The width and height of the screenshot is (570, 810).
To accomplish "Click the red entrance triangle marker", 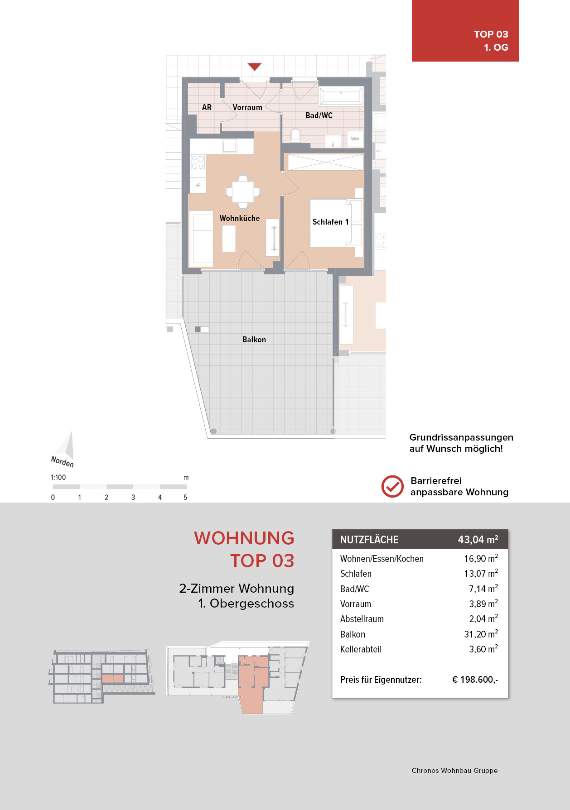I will click(x=255, y=67).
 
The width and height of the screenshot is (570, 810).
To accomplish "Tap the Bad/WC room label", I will click(x=319, y=115).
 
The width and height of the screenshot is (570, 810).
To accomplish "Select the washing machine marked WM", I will click(x=354, y=139).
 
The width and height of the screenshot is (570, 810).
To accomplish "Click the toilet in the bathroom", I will click(x=295, y=135).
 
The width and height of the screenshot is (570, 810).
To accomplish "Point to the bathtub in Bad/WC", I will click(x=341, y=96).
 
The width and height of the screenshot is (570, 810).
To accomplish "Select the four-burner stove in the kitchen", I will click(x=198, y=163).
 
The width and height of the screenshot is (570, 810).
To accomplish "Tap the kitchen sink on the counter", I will click(x=229, y=146).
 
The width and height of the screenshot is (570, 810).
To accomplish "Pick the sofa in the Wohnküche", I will click(x=201, y=238).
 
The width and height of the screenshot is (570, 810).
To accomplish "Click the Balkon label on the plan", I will click(x=254, y=340).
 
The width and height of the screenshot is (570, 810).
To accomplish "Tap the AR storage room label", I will click(x=207, y=107).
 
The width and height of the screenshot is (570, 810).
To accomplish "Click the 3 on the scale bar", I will click(x=133, y=497).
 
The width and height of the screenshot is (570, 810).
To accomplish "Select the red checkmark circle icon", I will click(x=392, y=487).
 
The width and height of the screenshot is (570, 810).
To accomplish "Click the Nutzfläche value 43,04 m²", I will click(x=478, y=540).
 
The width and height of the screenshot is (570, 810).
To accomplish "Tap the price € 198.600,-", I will click(x=475, y=680).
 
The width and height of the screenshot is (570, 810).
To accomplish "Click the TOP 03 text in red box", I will click(x=491, y=34).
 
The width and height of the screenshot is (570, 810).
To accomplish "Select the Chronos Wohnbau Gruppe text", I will click(x=454, y=771).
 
